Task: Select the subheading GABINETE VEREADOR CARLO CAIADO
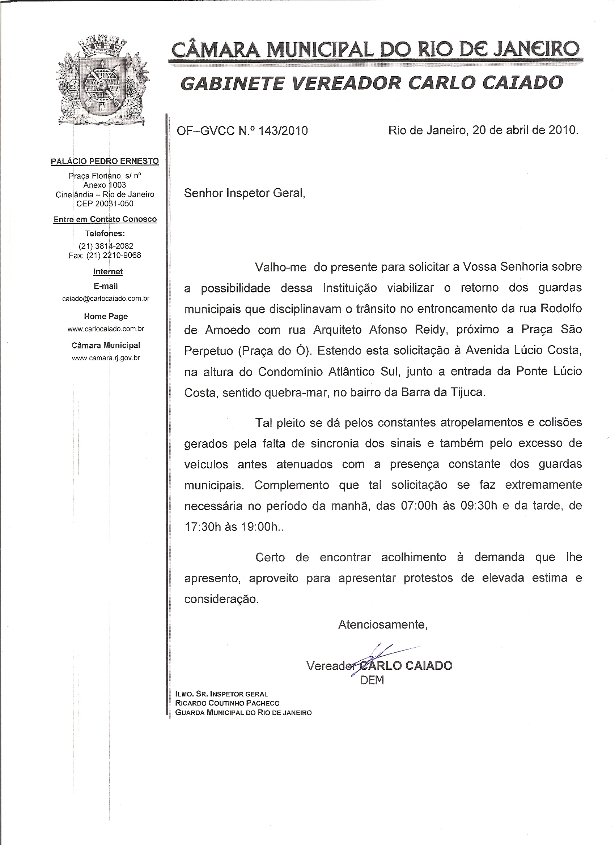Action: coord(372,83)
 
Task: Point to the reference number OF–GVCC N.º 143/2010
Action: coord(242,131)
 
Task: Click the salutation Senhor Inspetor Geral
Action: coord(244,193)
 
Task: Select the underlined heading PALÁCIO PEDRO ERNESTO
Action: coord(105,161)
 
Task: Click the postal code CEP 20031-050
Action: coord(105,203)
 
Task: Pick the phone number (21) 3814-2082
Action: coord(106,246)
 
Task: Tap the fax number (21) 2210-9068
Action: coord(114,255)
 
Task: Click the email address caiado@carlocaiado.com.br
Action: coord(106,299)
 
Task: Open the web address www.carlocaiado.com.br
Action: coord(106,329)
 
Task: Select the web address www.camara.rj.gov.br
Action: coord(106,358)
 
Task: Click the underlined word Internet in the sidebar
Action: coord(108,272)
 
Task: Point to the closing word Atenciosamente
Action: coord(383,625)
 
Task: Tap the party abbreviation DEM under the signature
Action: coord(372,680)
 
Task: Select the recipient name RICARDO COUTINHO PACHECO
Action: coord(227,703)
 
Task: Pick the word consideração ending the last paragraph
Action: coord(221,599)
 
